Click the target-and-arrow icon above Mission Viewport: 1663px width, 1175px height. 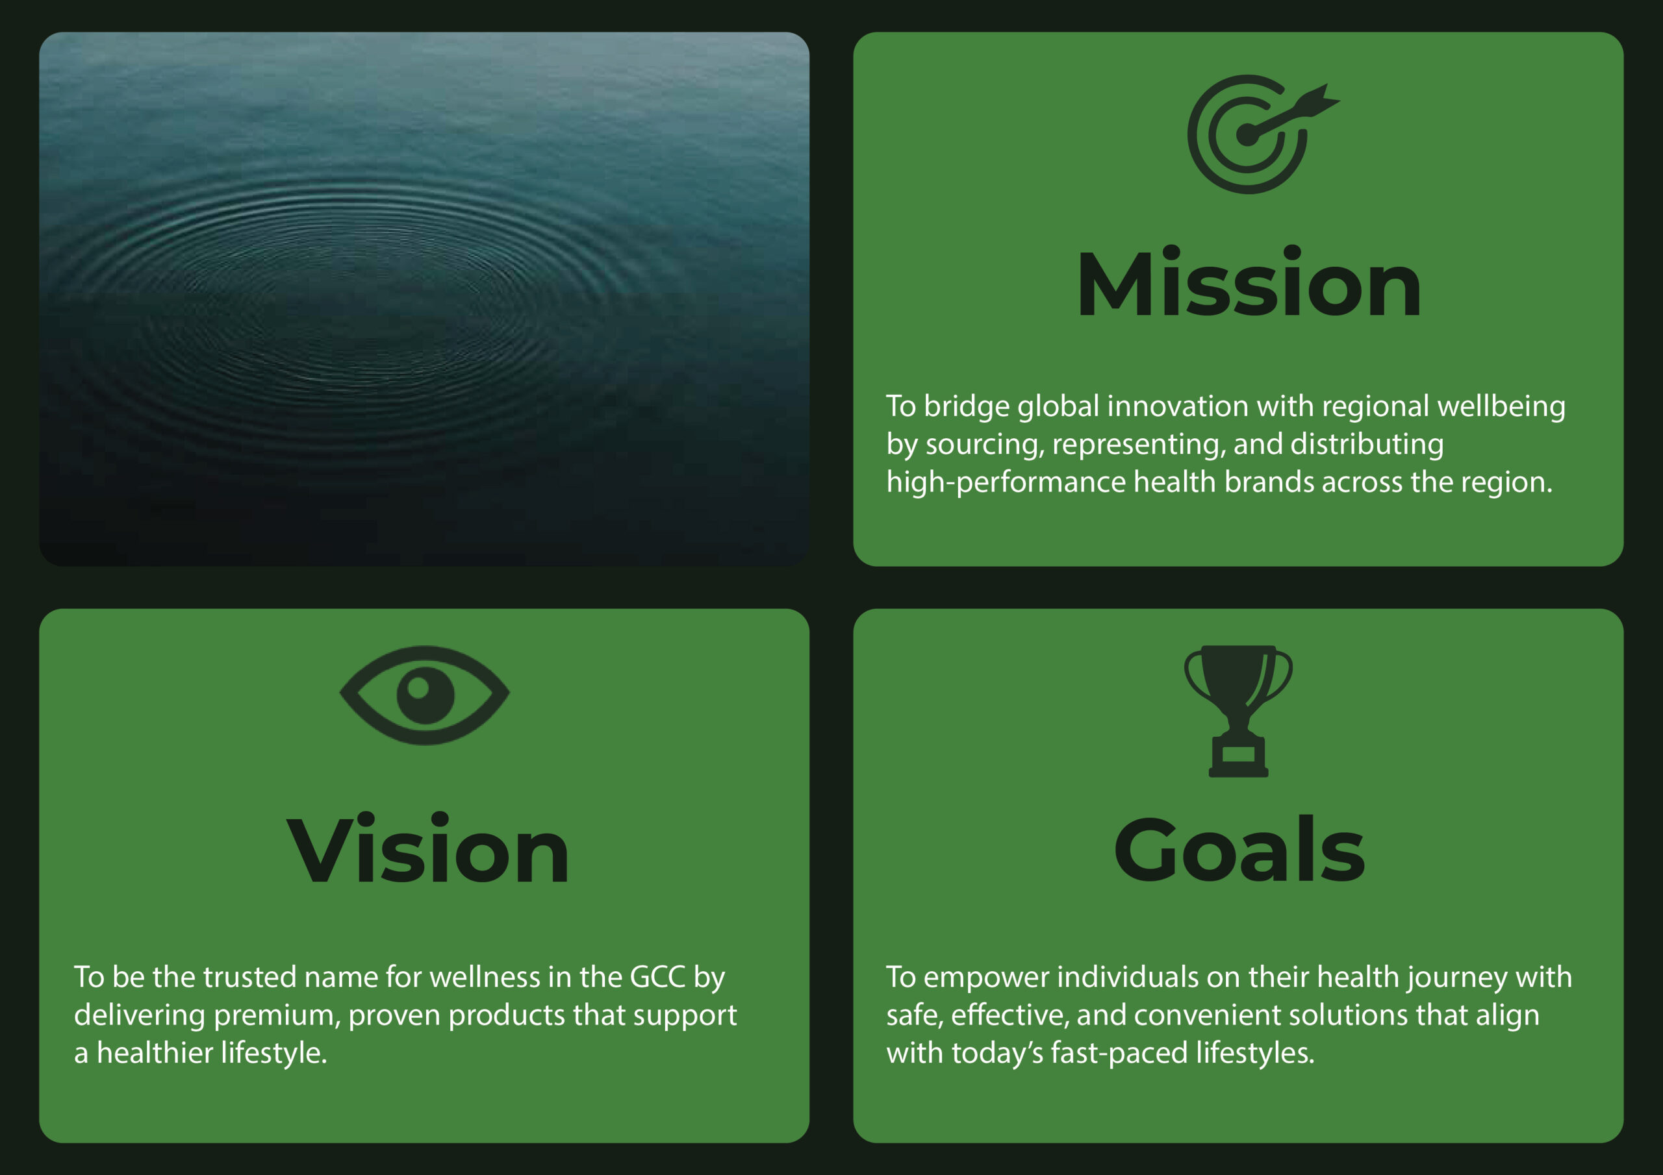pyautogui.click(x=1263, y=134)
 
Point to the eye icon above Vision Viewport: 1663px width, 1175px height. pyautogui.click(x=424, y=695)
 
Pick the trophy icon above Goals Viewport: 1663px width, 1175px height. pyautogui.click(x=1239, y=711)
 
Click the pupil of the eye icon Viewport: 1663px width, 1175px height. pyautogui.click(x=425, y=695)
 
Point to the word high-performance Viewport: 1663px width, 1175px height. pyautogui.click(x=1006, y=483)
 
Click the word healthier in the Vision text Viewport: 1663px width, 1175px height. pyautogui.click(x=155, y=1053)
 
